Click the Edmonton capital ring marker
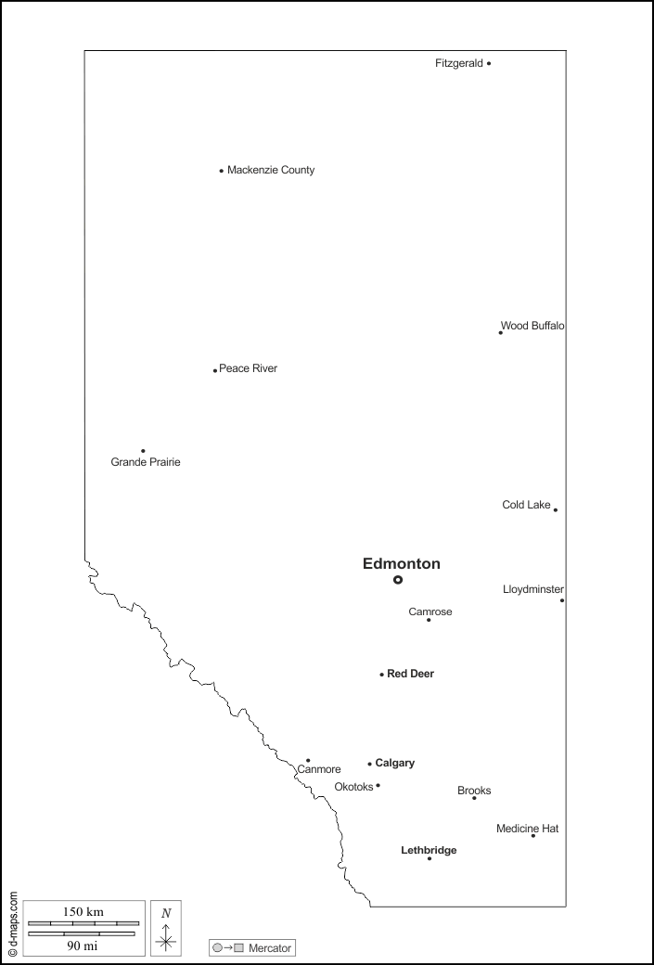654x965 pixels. pyautogui.click(x=398, y=580)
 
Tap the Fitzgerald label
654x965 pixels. pyautogui.click(x=458, y=63)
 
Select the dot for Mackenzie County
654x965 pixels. pyautogui.click(x=222, y=171)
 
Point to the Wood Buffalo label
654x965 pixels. pyautogui.click(x=532, y=326)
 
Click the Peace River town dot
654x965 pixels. pyautogui.click(x=215, y=370)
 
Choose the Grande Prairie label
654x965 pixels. pyautogui.click(x=146, y=462)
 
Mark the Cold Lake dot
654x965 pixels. pyautogui.click(x=556, y=509)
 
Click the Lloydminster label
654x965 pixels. pyautogui.click(x=533, y=589)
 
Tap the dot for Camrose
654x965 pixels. pyautogui.click(x=429, y=620)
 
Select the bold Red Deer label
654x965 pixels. pyautogui.click(x=410, y=674)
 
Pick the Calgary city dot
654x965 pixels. pyautogui.click(x=369, y=765)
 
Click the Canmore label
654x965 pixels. pyautogui.click(x=319, y=769)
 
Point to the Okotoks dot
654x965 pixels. pyautogui.click(x=378, y=786)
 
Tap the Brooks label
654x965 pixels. pyautogui.click(x=474, y=791)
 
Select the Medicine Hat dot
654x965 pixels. pyautogui.click(x=533, y=836)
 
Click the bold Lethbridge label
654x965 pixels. pyautogui.click(x=429, y=850)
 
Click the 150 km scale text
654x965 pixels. pyautogui.click(x=83, y=912)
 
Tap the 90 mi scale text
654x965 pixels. pyautogui.click(x=83, y=946)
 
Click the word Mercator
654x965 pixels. pyautogui.click(x=270, y=948)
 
